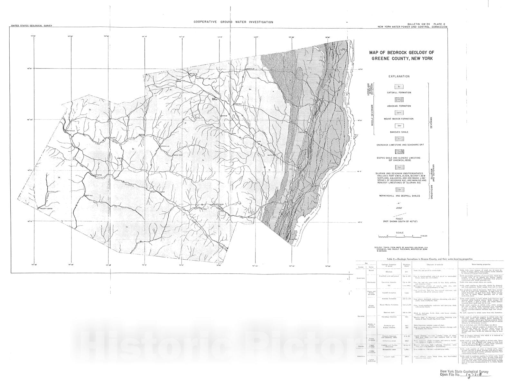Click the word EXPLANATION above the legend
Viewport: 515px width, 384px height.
[399, 76]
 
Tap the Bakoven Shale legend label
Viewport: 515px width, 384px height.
[399, 132]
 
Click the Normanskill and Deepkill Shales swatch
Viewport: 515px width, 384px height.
[399, 190]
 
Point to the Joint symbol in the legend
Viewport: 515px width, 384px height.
[399, 203]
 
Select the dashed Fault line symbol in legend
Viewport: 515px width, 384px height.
[399, 215]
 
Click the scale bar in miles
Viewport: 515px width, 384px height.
[399, 236]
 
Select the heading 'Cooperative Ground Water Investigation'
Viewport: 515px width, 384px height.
[233, 22]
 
